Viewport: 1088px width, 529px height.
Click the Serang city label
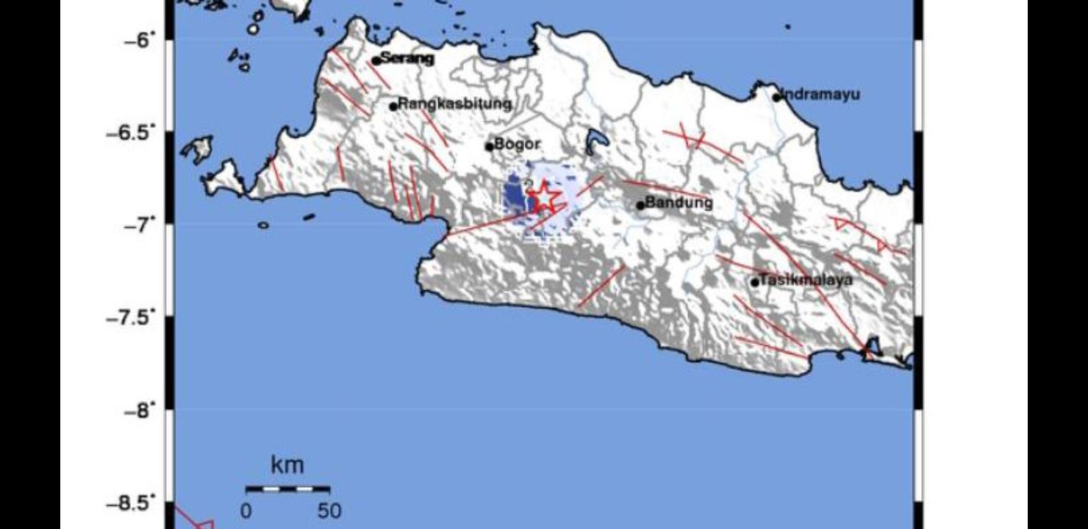pyautogui.click(x=407, y=59)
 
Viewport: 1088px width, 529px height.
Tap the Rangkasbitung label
pyautogui.click(x=454, y=104)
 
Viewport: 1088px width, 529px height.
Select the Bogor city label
pyautogui.click(x=518, y=144)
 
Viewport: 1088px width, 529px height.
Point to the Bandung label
pyautogui.click(x=679, y=202)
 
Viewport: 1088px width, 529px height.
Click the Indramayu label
pyautogui.click(x=820, y=95)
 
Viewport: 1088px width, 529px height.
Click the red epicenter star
pyautogui.click(x=543, y=195)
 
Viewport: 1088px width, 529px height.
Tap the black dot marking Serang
pyautogui.click(x=376, y=61)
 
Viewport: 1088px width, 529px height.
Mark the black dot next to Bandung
pyautogui.click(x=640, y=205)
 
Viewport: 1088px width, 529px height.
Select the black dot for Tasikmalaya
pyautogui.click(x=754, y=282)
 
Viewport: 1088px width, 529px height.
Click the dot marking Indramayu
pyautogui.click(x=776, y=97)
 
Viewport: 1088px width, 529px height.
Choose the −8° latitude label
pyautogui.click(x=141, y=410)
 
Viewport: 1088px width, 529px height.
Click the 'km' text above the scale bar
pyautogui.click(x=287, y=465)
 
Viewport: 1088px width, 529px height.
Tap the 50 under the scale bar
pyautogui.click(x=329, y=511)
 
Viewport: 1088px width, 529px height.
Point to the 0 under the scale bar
pyautogui.click(x=246, y=511)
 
